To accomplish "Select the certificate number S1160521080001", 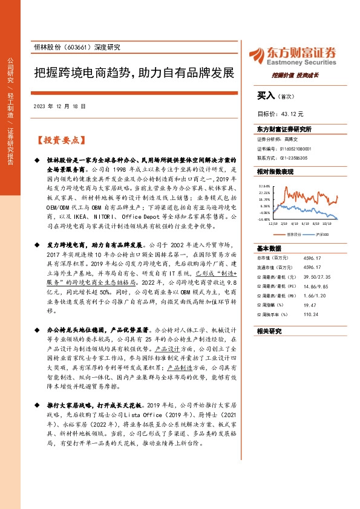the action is pos(296,148).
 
